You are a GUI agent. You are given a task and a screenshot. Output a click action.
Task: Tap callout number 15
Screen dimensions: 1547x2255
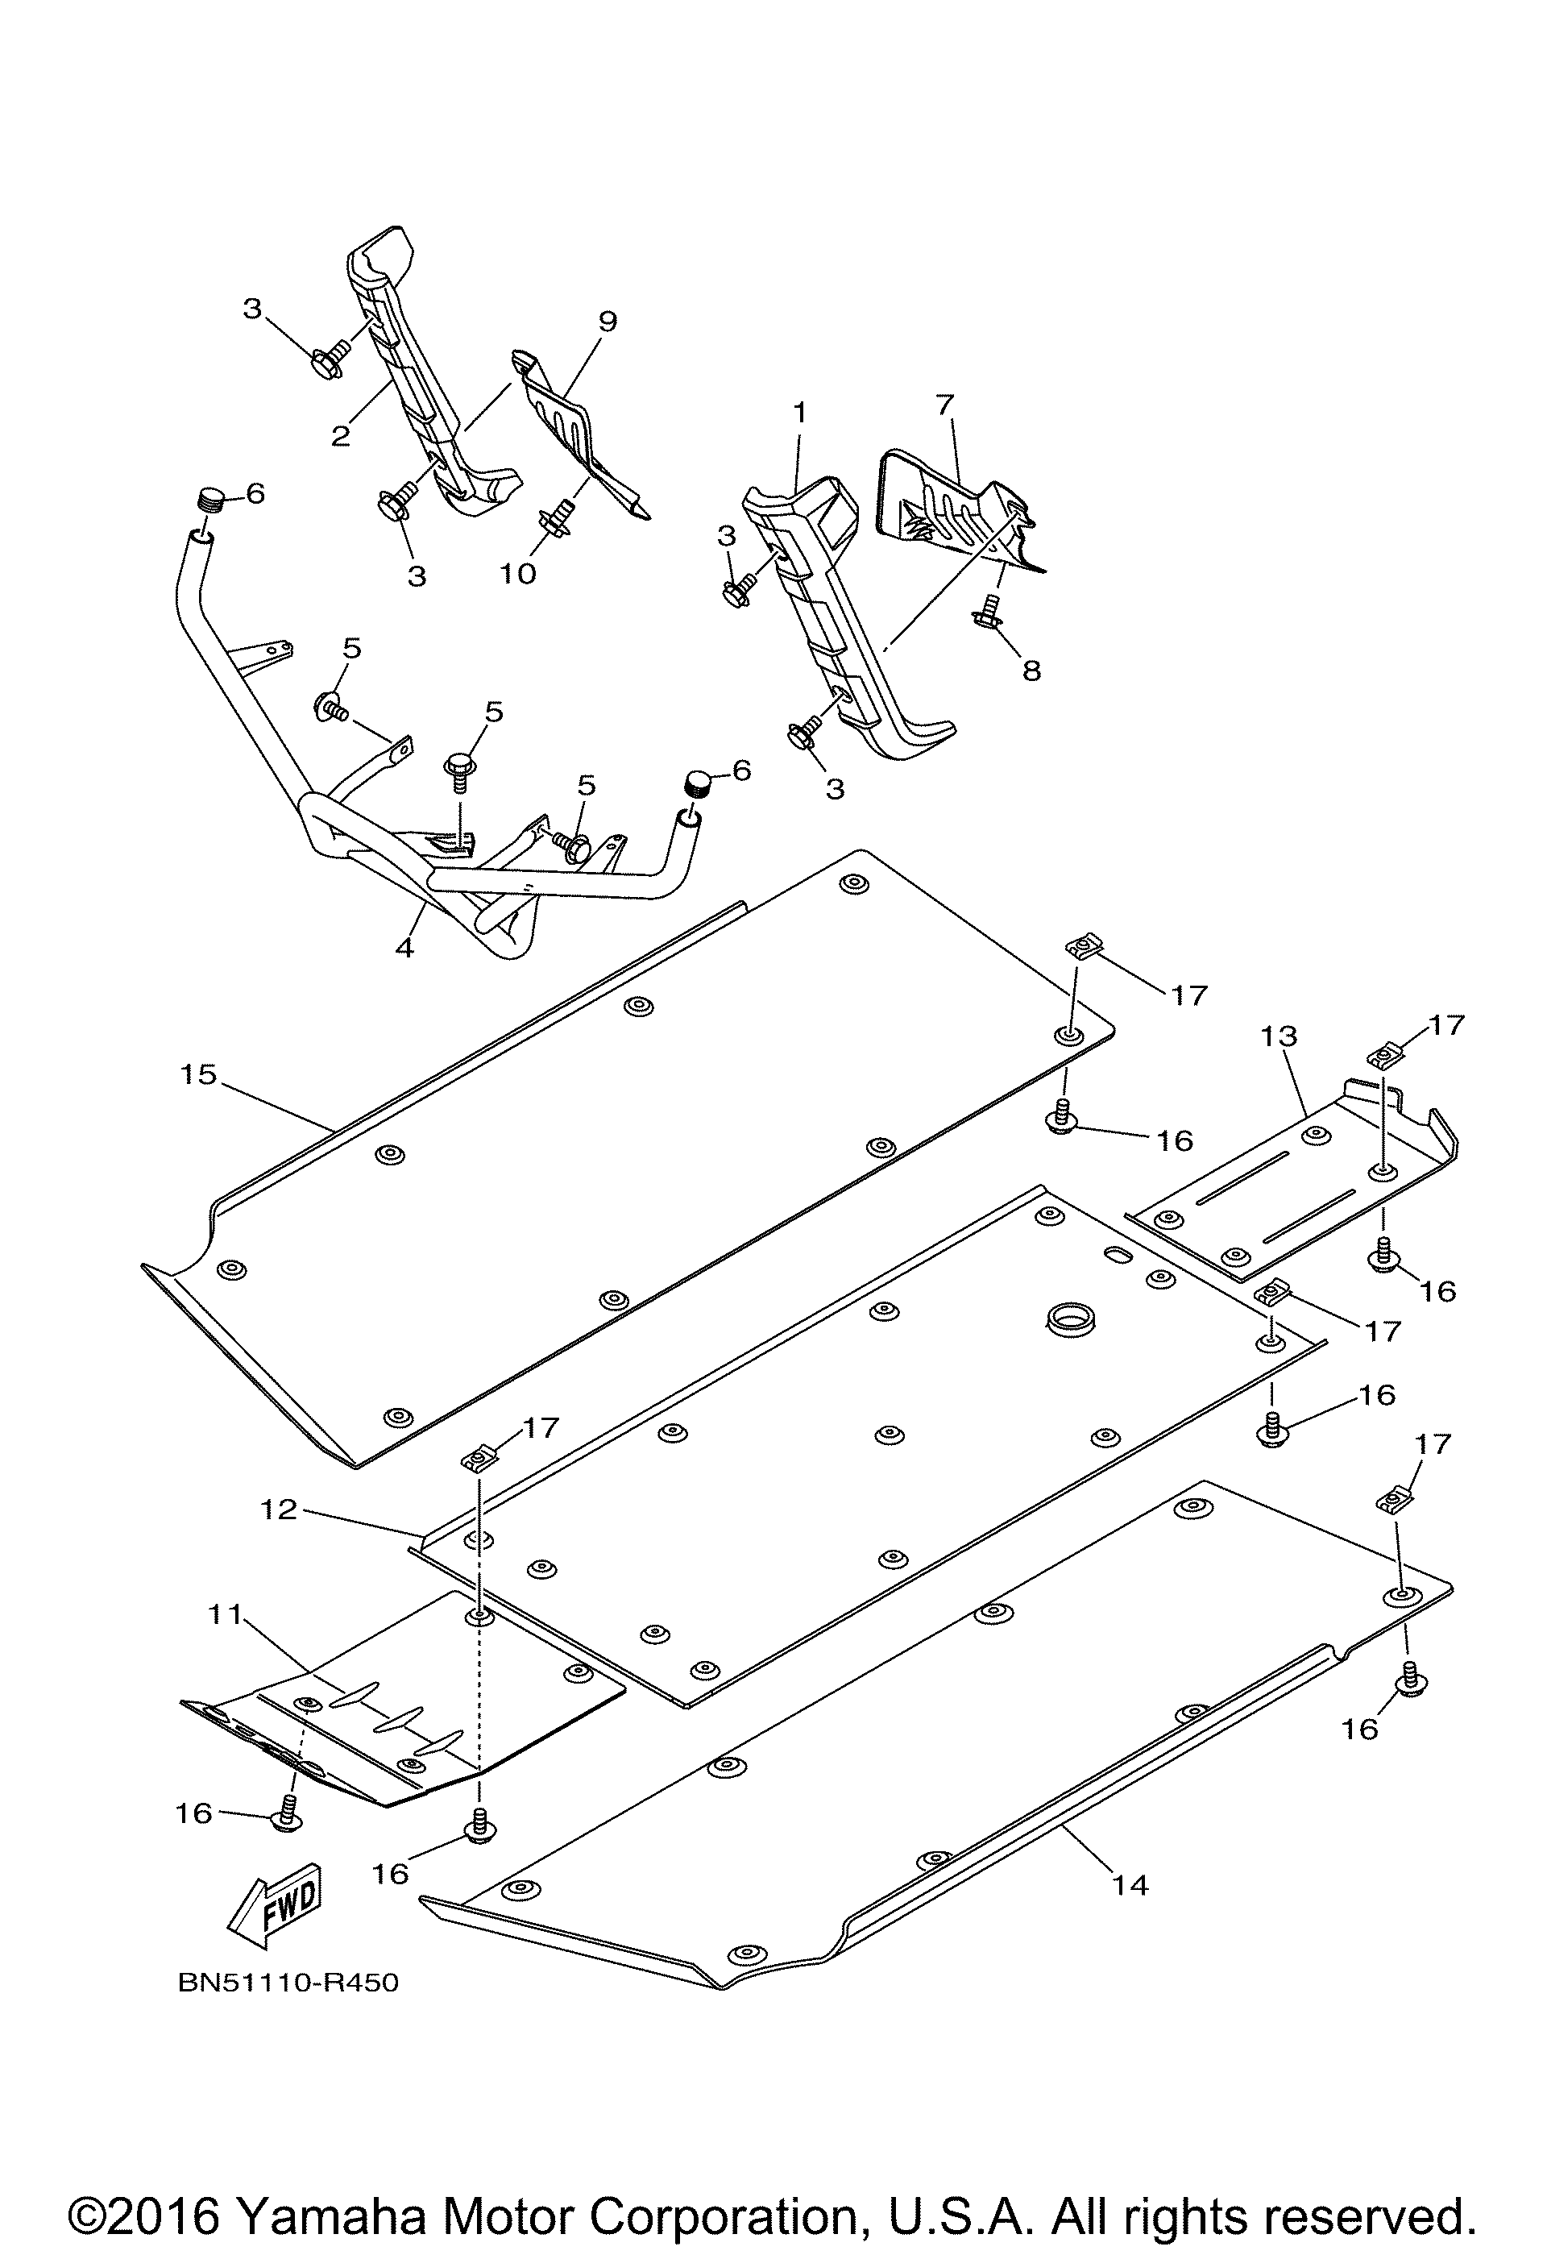[198, 1074]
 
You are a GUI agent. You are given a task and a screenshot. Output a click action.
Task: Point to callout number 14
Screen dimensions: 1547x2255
[1131, 1885]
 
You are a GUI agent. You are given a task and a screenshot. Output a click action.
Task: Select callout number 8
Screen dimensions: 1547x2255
[1031, 670]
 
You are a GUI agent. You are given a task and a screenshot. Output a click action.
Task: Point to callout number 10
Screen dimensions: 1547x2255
[518, 574]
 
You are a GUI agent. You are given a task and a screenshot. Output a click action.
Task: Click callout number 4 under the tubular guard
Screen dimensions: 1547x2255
[404, 947]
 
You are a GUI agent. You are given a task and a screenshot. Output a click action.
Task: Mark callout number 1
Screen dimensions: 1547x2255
[799, 413]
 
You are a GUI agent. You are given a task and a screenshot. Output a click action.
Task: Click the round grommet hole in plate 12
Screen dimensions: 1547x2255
[1071, 1319]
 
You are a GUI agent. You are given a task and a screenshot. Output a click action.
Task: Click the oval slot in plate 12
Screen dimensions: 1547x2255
[1118, 1256]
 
